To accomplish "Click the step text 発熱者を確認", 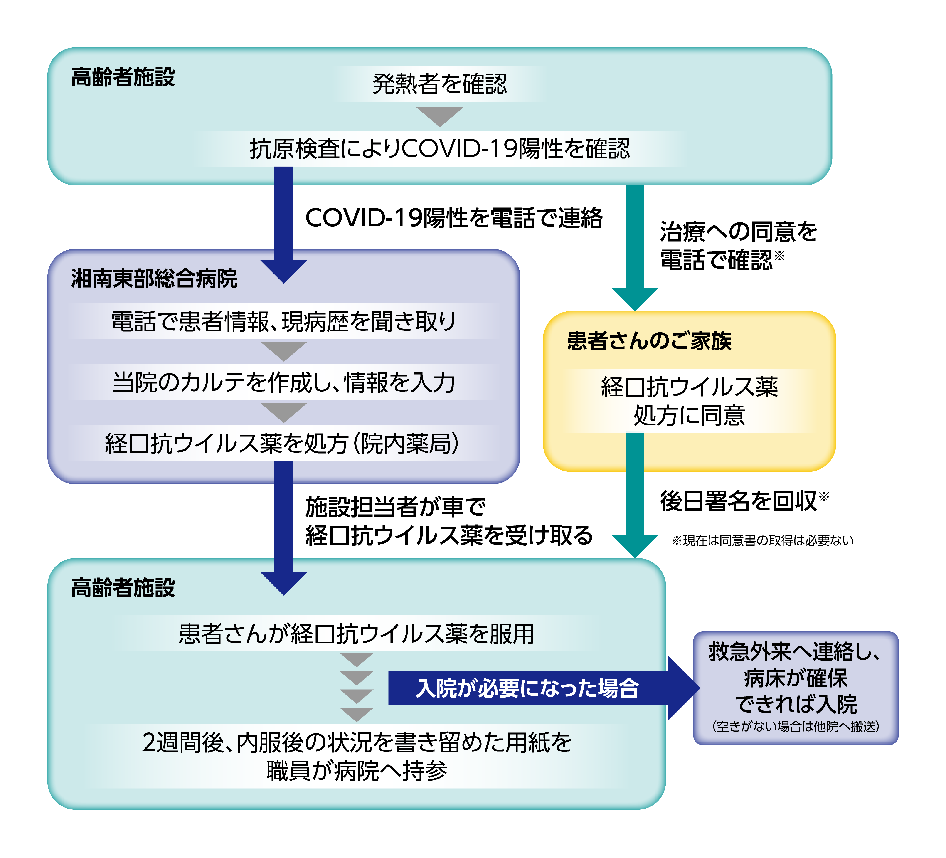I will point(440,84).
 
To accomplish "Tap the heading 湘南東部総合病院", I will point(154,279).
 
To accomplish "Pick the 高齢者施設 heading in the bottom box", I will point(123,588).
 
